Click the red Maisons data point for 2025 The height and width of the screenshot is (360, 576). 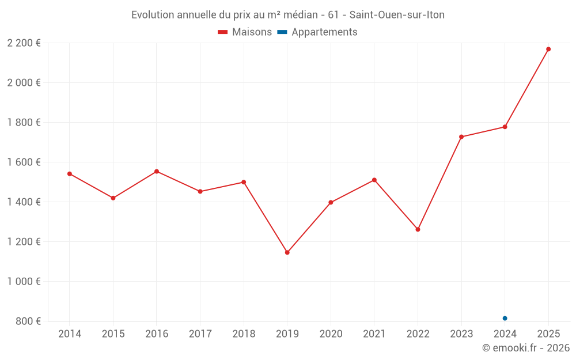coord(548,49)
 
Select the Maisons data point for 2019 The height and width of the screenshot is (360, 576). coord(287,252)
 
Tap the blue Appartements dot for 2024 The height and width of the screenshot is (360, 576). coord(505,318)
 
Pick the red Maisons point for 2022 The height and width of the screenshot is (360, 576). coord(418,229)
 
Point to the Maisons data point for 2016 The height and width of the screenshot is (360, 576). coord(157,171)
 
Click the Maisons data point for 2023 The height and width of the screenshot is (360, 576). coord(461,137)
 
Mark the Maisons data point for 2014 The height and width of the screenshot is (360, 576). coord(70,173)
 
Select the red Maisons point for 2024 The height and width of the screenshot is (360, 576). coord(505,127)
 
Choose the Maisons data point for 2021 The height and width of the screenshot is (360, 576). coord(374,180)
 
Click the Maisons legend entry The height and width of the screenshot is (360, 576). coord(245,32)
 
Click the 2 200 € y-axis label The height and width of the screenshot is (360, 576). coord(24,43)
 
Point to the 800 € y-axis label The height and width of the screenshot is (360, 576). coord(28,321)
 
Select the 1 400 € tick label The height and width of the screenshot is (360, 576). coord(24,202)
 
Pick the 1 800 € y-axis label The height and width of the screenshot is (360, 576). coord(24,122)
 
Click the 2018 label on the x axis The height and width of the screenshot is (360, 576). coord(244,334)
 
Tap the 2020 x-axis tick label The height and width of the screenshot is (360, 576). coord(331,334)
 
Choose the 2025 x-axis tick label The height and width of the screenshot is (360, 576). coord(548,334)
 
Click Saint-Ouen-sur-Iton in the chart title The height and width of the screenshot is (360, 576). coord(397,15)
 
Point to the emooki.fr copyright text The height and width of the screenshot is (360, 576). coord(525,348)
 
